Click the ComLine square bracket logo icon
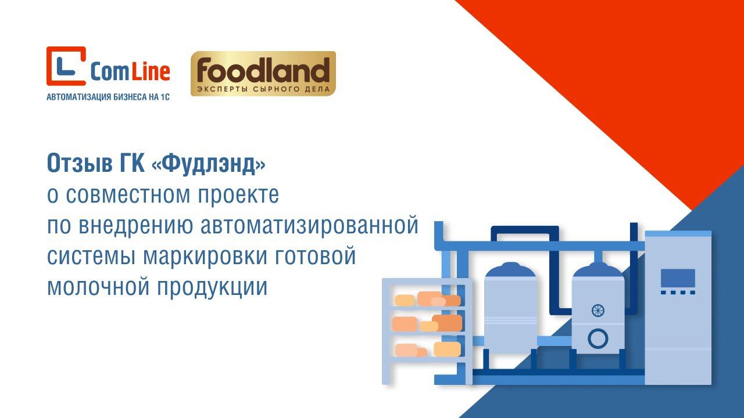tap(66, 66)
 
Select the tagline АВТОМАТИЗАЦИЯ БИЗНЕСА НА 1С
tap(108, 98)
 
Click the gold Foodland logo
tap(263, 73)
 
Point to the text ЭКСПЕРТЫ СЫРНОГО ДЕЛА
tap(263, 89)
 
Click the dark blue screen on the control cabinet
tap(678, 278)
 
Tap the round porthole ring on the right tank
tap(598, 338)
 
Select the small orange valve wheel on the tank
tap(598, 310)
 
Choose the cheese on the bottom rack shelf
tap(427, 349)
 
